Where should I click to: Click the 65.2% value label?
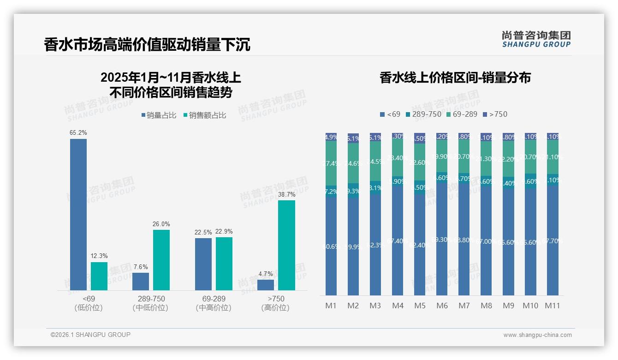click(x=78, y=133)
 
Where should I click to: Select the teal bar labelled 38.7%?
click(x=286, y=245)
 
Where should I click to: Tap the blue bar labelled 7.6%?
click(x=141, y=282)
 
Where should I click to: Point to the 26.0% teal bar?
click(x=161, y=260)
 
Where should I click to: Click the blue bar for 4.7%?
click(x=266, y=285)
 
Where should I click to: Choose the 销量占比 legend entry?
click(x=159, y=115)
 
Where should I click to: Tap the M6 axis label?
click(x=442, y=306)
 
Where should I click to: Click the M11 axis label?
click(x=553, y=306)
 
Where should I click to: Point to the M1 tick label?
click(x=331, y=306)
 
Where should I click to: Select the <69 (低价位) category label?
click(x=89, y=303)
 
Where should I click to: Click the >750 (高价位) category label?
click(x=276, y=303)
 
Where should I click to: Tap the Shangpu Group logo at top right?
click(x=536, y=39)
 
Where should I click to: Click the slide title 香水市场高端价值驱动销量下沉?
click(x=147, y=44)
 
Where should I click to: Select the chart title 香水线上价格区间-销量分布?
click(x=455, y=78)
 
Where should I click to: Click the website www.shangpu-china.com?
click(x=537, y=335)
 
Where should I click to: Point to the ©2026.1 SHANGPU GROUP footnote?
click(x=90, y=335)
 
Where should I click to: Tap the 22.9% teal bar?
click(x=224, y=264)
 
